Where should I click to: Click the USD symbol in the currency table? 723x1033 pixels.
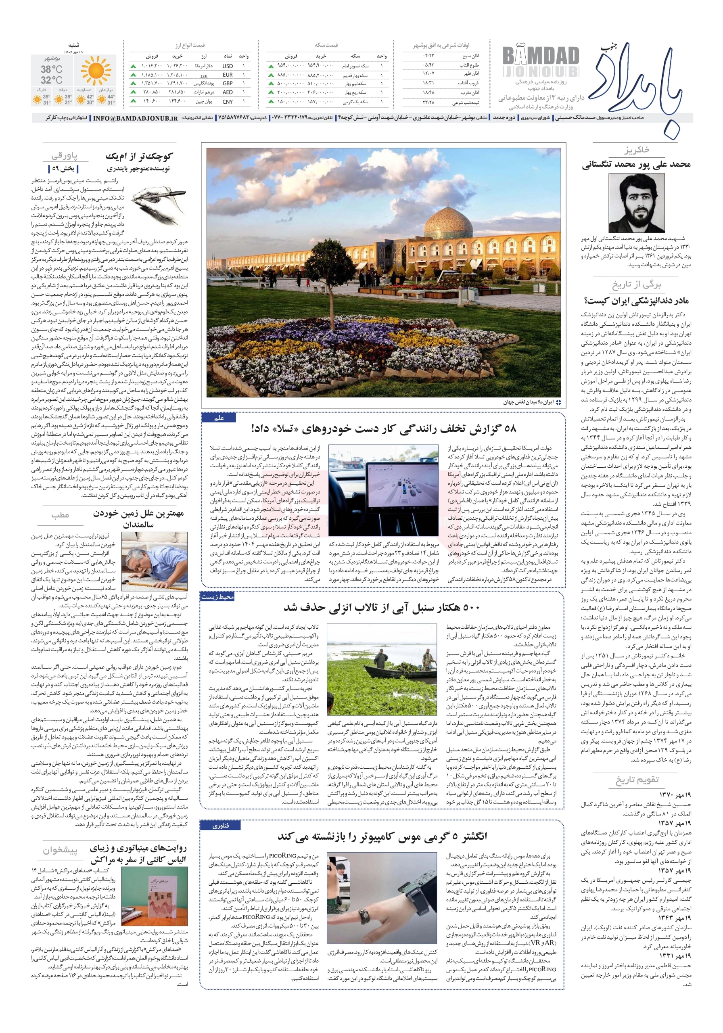228,66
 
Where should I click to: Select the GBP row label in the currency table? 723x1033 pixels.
228,83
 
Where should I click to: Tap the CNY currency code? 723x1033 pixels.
228,102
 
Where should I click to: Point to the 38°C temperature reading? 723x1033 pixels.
52,69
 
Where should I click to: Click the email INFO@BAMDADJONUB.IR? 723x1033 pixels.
136,118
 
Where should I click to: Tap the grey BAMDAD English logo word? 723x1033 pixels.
540,56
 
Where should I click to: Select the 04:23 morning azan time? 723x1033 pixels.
428,56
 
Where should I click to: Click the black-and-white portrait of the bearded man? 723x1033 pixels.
635,203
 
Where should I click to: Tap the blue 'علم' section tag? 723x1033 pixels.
219,418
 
